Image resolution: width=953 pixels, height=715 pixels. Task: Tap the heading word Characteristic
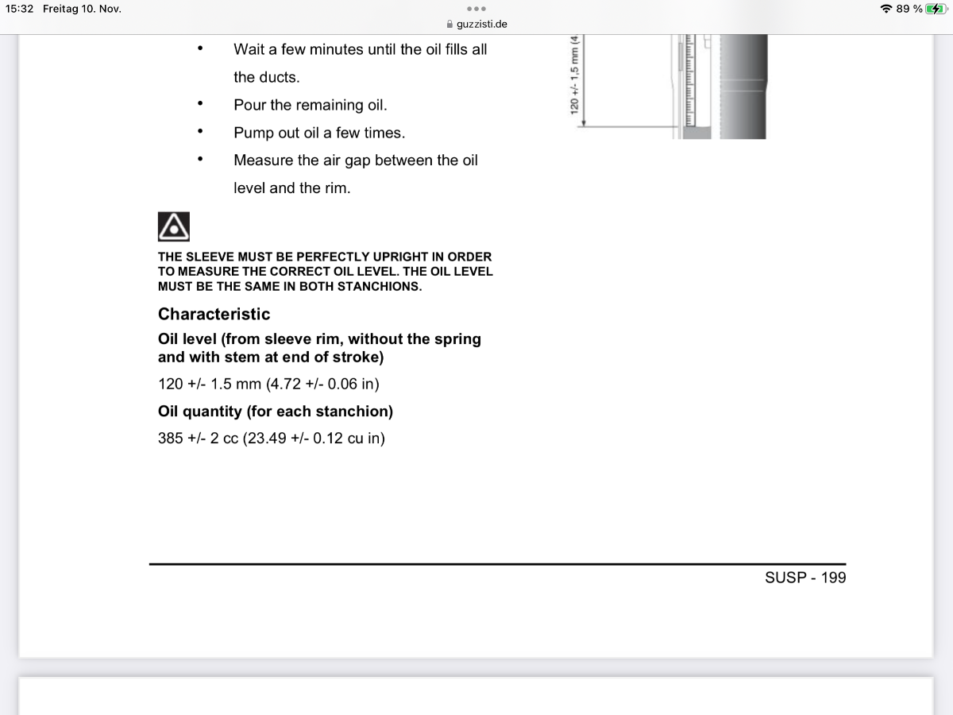[x=214, y=314]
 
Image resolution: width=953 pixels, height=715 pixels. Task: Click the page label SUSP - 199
[x=804, y=578]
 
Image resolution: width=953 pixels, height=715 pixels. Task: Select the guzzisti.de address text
[x=482, y=24]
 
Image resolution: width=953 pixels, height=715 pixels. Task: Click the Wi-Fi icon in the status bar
[x=885, y=9]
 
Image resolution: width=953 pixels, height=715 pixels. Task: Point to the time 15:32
[x=19, y=9]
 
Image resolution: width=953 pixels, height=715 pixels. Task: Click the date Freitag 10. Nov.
[x=82, y=9]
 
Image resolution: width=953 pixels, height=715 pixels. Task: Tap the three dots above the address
[x=476, y=9]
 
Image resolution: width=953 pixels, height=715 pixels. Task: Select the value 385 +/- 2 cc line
[x=272, y=438]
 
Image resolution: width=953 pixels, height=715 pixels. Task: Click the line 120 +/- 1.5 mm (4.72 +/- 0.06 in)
[x=268, y=384]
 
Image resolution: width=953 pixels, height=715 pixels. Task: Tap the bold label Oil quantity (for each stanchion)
[x=275, y=412]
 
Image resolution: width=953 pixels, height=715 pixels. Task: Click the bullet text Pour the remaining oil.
[x=311, y=105]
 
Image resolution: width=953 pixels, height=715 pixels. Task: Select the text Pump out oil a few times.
[x=319, y=133]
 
